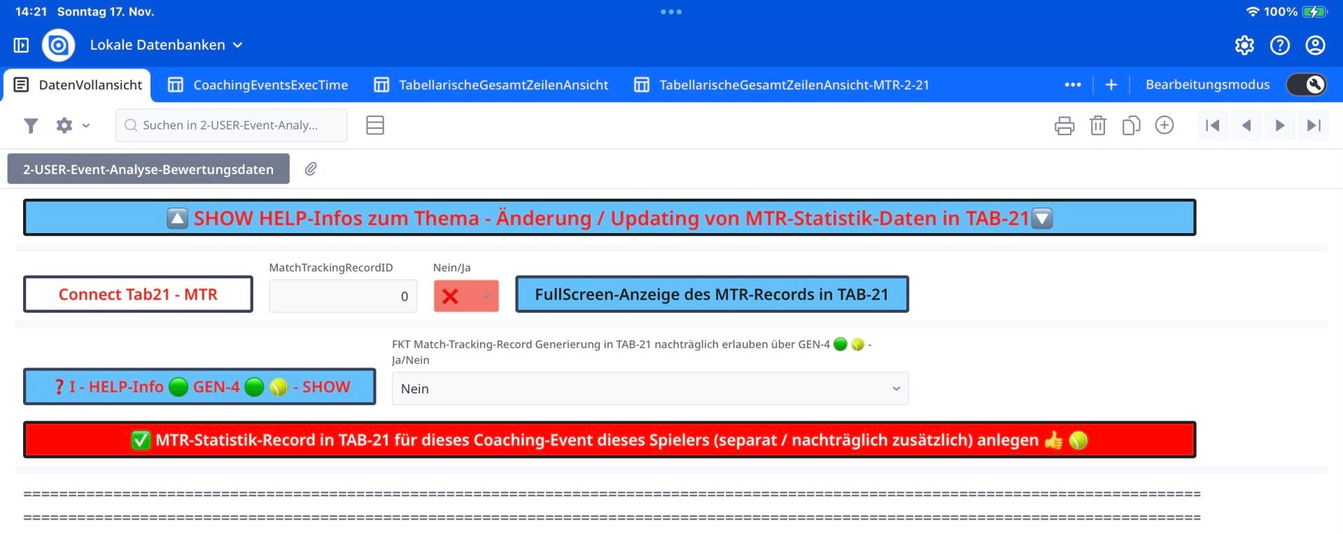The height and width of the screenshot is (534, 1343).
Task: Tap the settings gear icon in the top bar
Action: click(1244, 45)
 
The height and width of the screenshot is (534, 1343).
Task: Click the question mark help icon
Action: click(1280, 45)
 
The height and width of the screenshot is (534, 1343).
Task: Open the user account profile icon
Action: click(1316, 45)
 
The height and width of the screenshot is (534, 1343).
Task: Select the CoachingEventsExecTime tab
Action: click(258, 85)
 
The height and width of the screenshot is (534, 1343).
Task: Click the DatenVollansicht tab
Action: click(78, 85)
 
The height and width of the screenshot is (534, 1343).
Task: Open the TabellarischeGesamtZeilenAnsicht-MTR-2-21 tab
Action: click(782, 85)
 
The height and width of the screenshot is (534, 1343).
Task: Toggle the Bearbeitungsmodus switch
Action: click(1307, 85)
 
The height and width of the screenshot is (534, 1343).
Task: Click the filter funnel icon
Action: click(31, 125)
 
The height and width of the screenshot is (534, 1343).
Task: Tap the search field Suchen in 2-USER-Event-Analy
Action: click(232, 125)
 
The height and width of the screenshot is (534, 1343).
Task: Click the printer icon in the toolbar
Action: click(1064, 125)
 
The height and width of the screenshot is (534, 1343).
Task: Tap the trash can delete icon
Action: click(1098, 125)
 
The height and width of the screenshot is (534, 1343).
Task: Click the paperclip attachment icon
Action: click(311, 169)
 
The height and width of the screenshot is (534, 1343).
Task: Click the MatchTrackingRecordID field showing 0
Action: click(343, 296)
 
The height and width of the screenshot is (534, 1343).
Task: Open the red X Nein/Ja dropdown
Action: click(466, 296)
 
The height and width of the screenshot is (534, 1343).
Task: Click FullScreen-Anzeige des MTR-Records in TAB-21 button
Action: click(712, 294)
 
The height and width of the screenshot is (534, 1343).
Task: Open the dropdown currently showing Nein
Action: click(650, 388)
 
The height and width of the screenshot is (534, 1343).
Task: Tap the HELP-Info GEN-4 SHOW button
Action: click(199, 386)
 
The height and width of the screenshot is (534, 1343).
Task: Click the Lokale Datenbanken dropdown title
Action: click(166, 45)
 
